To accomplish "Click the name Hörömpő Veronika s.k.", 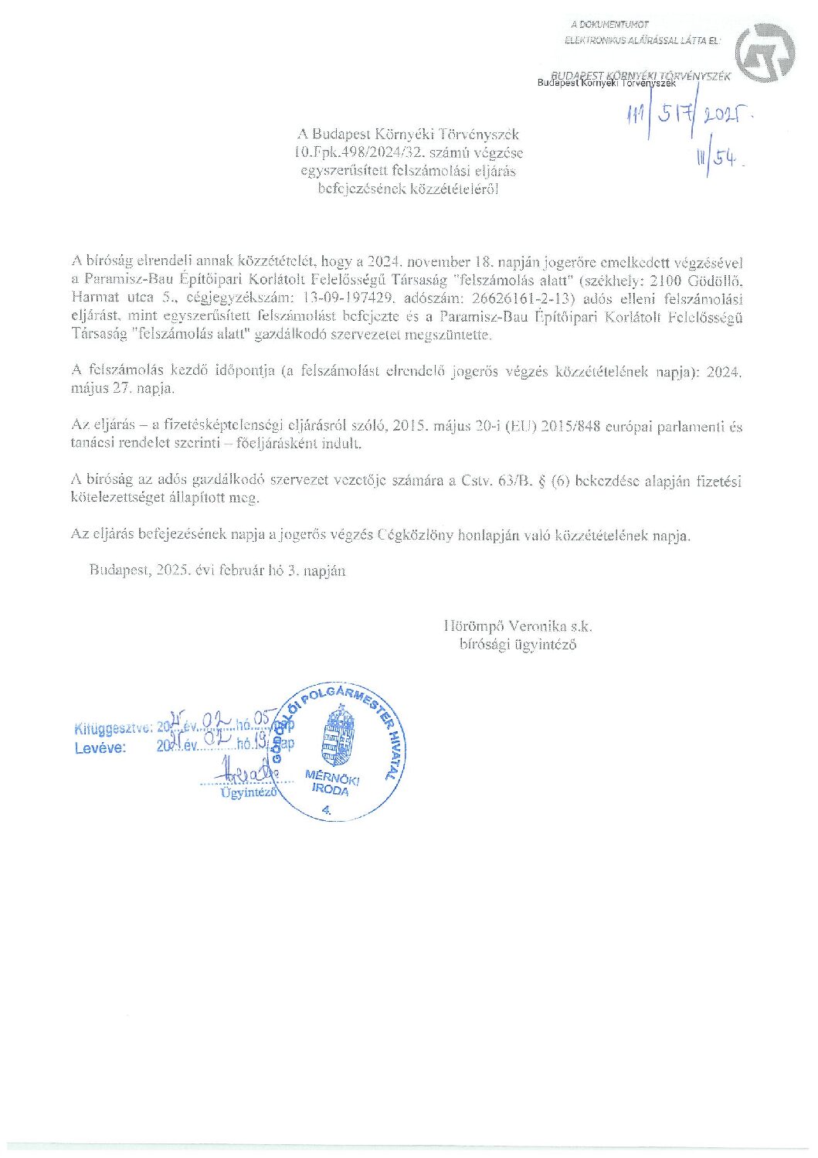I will (x=518, y=626).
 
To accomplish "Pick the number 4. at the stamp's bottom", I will (x=325, y=809).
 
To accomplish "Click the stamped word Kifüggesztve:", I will (x=114, y=728).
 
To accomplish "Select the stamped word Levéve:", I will (x=100, y=748).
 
